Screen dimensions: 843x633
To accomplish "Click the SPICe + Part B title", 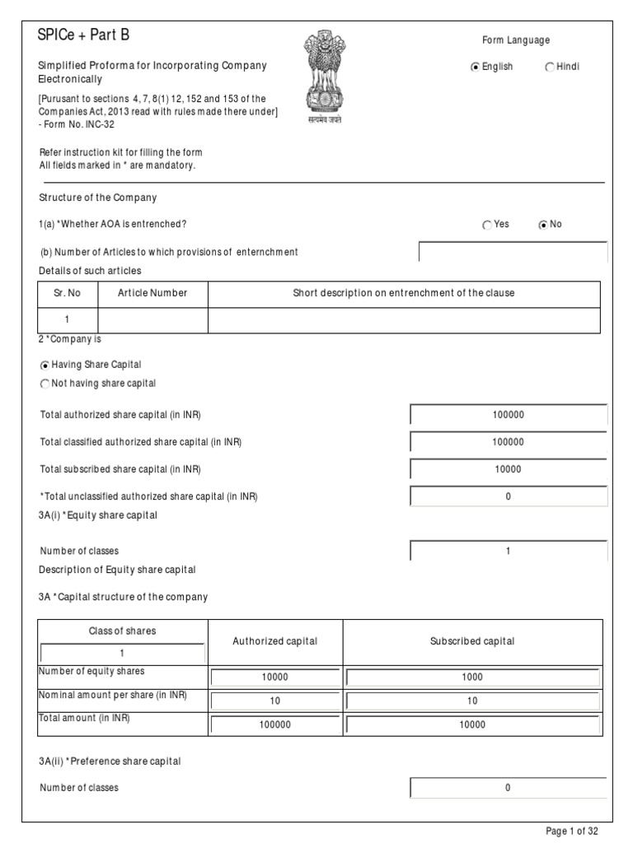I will (83, 35).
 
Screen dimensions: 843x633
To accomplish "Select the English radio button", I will (475, 68).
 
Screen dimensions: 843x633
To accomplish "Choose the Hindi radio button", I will (550, 68).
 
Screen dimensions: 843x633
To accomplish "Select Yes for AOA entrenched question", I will (487, 225).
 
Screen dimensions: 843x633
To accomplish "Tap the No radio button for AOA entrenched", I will (542, 225).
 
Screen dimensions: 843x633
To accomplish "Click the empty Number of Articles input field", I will (513, 252).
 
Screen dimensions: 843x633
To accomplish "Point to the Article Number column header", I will (152, 293).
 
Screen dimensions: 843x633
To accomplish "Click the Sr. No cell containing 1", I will (68, 319).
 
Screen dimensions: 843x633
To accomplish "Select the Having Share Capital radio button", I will (45, 365).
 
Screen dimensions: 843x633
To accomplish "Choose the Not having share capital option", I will (45, 384).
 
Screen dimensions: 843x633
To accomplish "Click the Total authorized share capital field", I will (509, 415).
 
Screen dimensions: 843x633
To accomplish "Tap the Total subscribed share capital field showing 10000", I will (509, 469).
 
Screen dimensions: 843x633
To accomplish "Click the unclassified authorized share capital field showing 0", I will (509, 496).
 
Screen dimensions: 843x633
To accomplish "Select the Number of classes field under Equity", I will (509, 551).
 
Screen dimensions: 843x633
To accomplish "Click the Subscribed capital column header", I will (472, 641).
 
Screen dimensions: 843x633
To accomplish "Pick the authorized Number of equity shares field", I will (275, 678).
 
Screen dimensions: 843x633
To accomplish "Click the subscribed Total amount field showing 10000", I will (473, 725).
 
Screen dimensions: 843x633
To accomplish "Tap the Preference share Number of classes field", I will (509, 788).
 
